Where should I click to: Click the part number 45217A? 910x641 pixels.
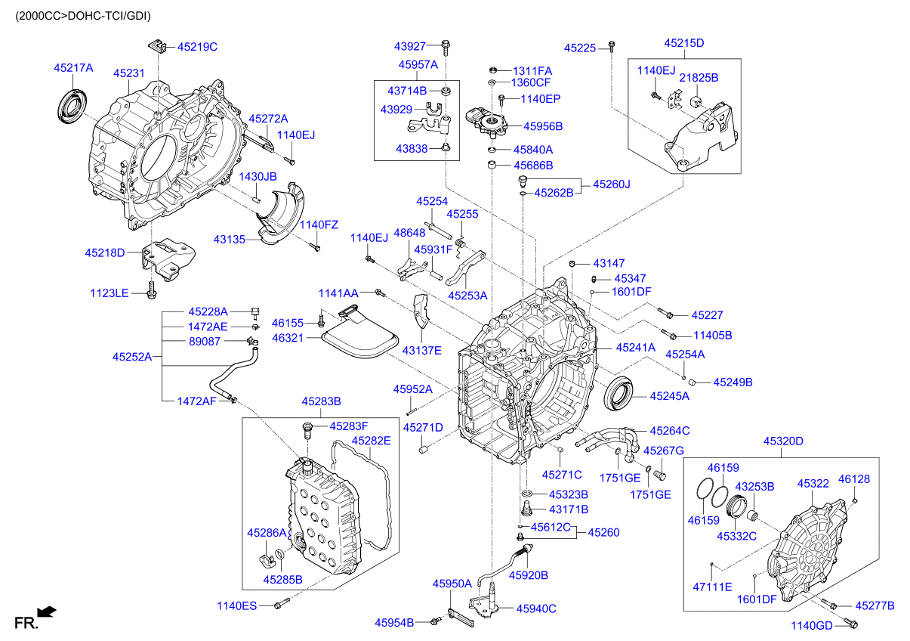[x=73, y=68]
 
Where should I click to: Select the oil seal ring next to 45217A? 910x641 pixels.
[x=72, y=104]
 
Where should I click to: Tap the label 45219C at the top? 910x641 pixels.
[x=197, y=47]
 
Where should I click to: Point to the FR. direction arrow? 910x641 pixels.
[x=47, y=612]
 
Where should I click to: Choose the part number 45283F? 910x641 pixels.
[x=349, y=426]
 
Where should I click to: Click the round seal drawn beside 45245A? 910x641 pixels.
[x=622, y=394]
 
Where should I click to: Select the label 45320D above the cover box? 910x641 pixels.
[x=782, y=441]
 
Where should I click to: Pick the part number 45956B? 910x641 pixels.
[x=543, y=126]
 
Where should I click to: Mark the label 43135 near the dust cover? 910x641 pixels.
[x=230, y=239]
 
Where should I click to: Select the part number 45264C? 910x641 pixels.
[x=670, y=430]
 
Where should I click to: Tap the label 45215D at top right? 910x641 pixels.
[x=684, y=43]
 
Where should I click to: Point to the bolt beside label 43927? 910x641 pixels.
[x=446, y=47]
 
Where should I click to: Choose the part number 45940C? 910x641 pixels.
[x=536, y=608]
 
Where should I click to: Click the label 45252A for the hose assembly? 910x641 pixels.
[x=132, y=356]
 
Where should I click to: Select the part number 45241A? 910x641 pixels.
[x=635, y=348]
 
